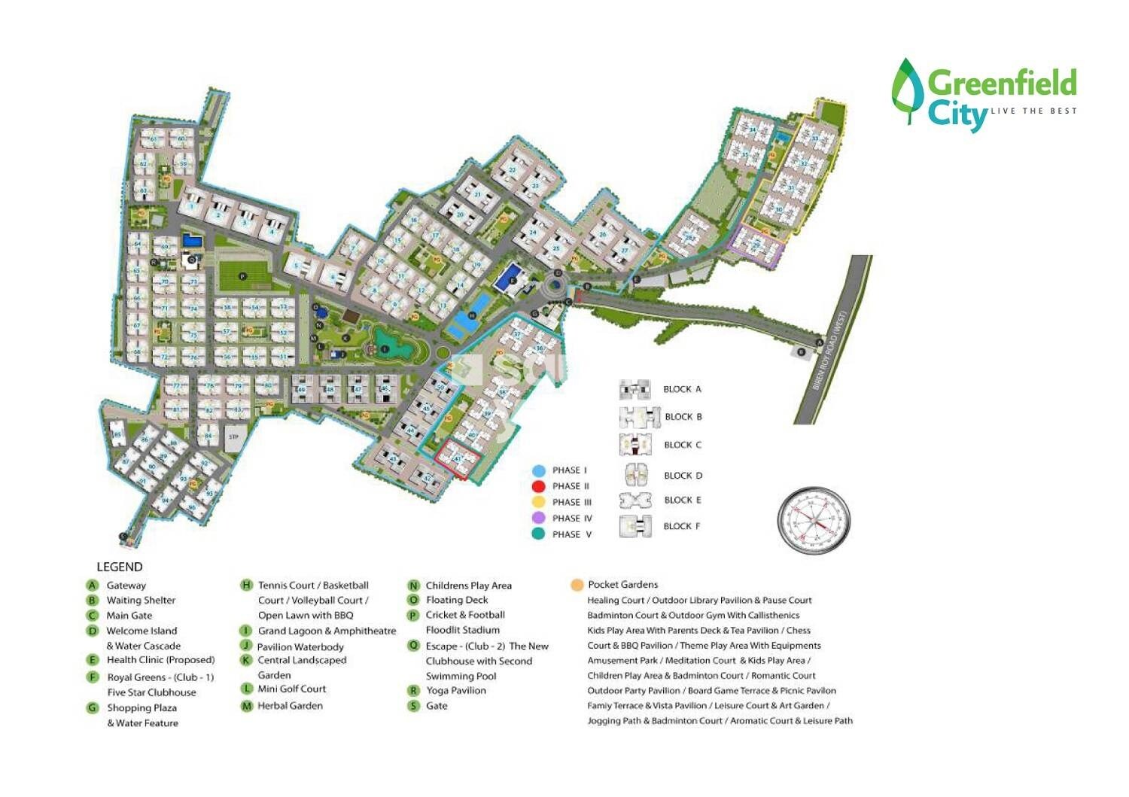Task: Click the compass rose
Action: [x=814, y=520]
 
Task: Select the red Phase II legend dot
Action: [x=538, y=486]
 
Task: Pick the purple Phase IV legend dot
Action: [x=538, y=519]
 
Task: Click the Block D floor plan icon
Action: [x=634, y=476]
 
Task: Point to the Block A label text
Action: [x=682, y=389]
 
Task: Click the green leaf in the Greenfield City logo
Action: [x=907, y=90]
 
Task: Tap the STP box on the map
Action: [x=233, y=437]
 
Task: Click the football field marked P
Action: [x=243, y=276]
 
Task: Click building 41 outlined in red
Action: [x=458, y=458]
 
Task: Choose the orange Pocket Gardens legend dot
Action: [x=577, y=585]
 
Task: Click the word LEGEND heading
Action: [x=120, y=567]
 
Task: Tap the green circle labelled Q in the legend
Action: [x=413, y=646]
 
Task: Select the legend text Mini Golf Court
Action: [x=292, y=689]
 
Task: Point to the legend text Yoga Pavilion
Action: [x=455, y=690]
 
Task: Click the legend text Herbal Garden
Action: [x=290, y=706]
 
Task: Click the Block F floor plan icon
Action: [x=634, y=526]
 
